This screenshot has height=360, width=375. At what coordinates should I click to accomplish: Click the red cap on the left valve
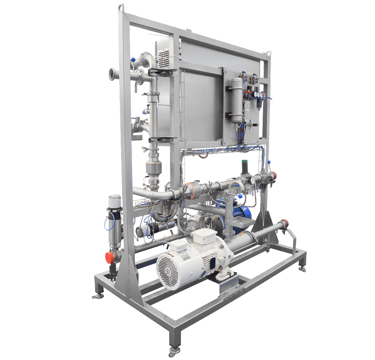click(109, 256)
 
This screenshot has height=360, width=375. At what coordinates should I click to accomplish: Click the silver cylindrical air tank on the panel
click(237, 99)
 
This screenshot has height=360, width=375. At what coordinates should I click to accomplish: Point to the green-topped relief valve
click(244, 167)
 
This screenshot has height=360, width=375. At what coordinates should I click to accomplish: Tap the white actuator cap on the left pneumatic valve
click(115, 200)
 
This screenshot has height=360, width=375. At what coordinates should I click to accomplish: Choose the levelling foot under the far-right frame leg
click(303, 269)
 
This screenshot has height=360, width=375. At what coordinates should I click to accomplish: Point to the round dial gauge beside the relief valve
click(253, 180)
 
